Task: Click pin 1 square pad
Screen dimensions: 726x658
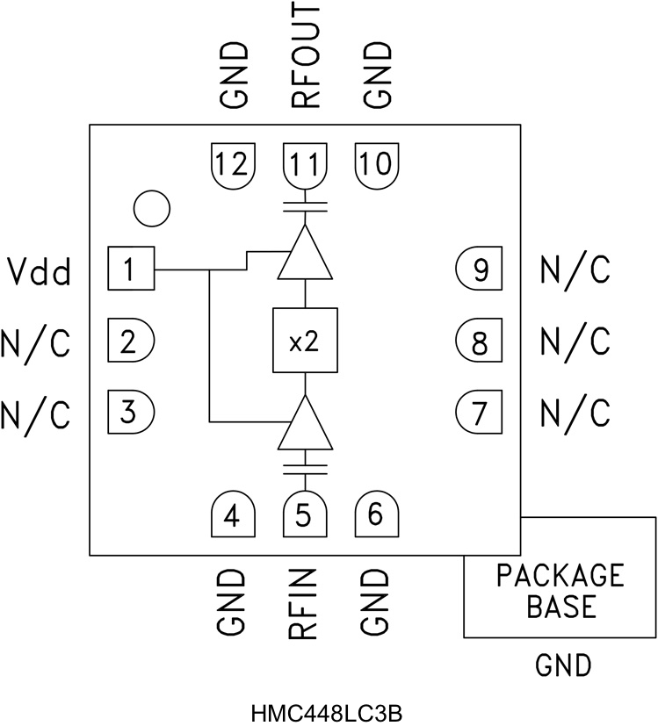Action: click(130, 269)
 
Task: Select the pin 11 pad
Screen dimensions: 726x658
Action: click(304, 164)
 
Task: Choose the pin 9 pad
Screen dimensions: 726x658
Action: click(480, 270)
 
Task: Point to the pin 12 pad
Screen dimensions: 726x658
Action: click(233, 164)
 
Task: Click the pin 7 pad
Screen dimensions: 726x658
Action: click(480, 410)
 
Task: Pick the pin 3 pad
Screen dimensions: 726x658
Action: click(130, 410)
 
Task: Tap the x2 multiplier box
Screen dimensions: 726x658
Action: click(304, 341)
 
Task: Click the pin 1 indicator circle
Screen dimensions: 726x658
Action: click(151, 208)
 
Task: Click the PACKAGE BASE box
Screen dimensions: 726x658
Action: click(560, 590)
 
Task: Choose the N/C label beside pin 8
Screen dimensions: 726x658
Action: click(575, 341)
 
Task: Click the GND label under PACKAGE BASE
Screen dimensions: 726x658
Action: click(563, 666)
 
